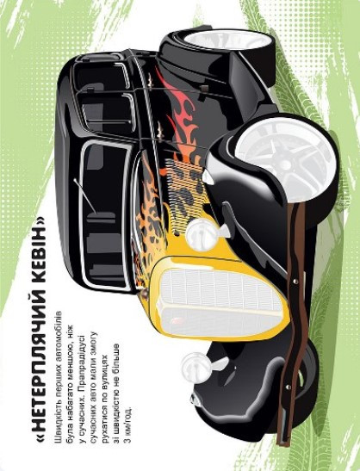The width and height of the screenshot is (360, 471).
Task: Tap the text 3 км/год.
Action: click(127, 425)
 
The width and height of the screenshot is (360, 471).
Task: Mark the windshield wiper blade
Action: click(84, 195)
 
